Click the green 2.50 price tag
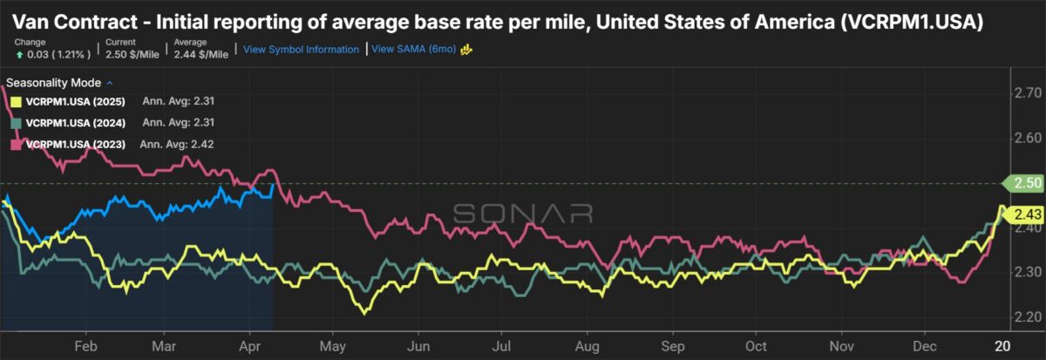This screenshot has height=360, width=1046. tap(1022, 183)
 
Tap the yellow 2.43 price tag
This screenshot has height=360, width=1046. tap(1022, 214)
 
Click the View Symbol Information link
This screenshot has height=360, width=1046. tap(302, 50)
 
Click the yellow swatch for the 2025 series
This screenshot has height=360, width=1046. tap(15, 100)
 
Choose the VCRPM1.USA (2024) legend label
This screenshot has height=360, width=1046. tap(78, 122)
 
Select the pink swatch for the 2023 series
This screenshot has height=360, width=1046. tap(15, 144)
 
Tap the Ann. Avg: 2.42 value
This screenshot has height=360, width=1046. tap(178, 144)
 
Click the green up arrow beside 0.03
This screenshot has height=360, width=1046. tap(18, 54)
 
